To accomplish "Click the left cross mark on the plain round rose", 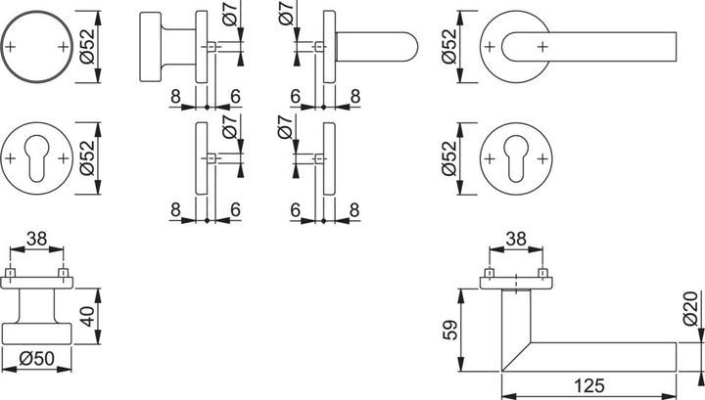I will click(x=11, y=46).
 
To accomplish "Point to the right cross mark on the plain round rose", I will click(x=64, y=46).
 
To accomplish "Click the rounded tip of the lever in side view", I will click(x=412, y=46).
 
